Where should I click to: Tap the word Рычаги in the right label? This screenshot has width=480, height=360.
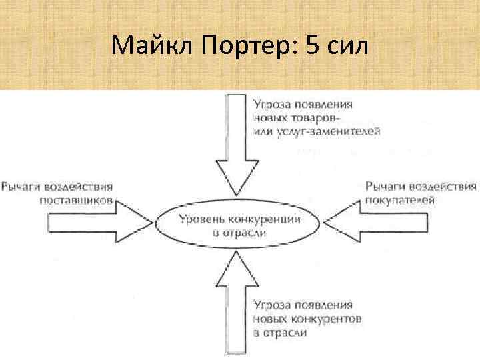[385, 186]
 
